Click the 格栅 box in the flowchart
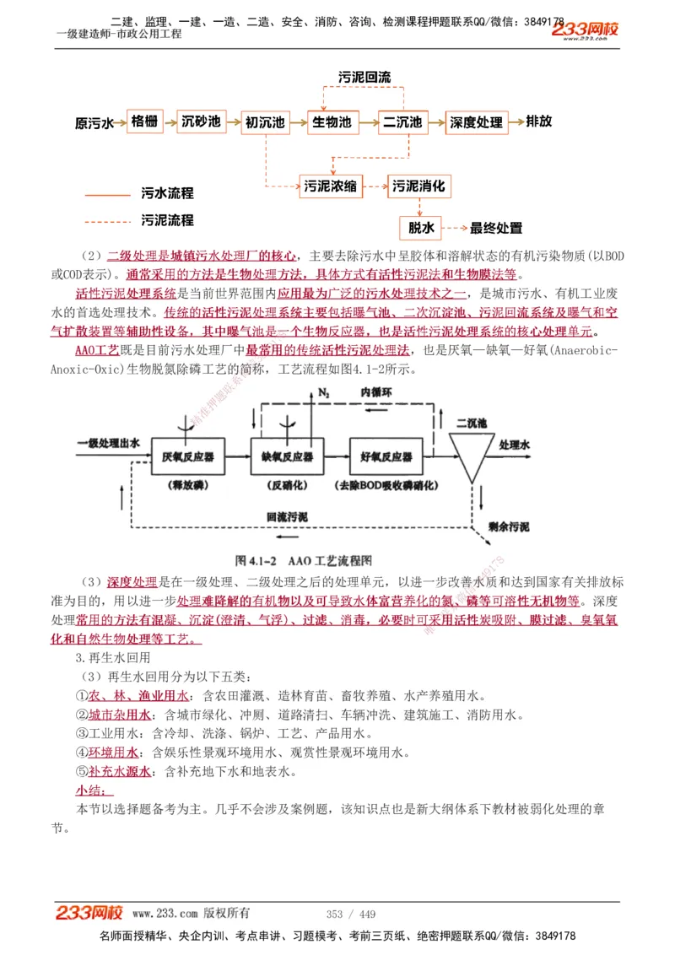click(x=143, y=121)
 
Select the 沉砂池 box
click(x=201, y=121)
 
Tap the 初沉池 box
click(x=265, y=122)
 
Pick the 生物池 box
click(x=332, y=122)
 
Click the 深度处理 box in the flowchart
click(x=476, y=122)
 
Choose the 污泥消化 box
click(x=418, y=186)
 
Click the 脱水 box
click(x=421, y=228)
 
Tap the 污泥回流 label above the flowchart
click(x=364, y=78)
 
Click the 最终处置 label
click(x=496, y=228)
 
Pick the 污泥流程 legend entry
click(x=167, y=220)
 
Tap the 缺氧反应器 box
click(x=287, y=457)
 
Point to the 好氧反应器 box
click(x=386, y=457)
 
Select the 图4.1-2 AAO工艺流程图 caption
click(x=304, y=559)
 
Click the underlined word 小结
click(x=89, y=790)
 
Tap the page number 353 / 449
click(x=350, y=914)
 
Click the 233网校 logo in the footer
click(x=89, y=914)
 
